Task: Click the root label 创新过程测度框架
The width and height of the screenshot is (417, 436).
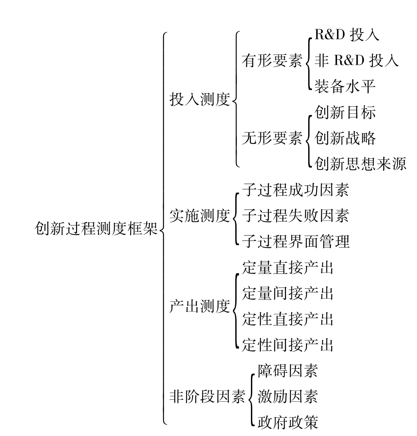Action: [96, 229]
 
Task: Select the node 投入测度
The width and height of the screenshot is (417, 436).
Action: [200, 99]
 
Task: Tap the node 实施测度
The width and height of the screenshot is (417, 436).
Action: [200, 215]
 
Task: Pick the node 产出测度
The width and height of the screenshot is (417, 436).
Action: [200, 306]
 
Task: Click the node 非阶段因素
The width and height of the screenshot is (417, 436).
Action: [208, 396]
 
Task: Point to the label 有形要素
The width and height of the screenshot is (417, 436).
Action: [272, 60]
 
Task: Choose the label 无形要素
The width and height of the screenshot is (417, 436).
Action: [272, 138]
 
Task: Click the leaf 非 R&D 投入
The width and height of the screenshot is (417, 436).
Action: [357, 60]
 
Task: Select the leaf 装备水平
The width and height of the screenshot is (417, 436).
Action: [345, 86]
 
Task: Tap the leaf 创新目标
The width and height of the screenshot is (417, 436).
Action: [345, 112]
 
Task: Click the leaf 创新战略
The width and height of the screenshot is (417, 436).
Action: [345, 138]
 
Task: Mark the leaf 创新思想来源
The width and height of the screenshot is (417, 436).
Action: [361, 163]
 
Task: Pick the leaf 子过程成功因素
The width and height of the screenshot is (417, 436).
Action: [295, 190]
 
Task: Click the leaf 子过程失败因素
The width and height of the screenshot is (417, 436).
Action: [295, 215]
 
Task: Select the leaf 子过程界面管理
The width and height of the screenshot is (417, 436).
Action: [295, 241]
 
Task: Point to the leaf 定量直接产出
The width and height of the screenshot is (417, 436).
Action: [288, 267]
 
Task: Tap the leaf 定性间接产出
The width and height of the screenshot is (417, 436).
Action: [288, 345]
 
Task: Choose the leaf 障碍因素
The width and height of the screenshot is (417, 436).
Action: [288, 371]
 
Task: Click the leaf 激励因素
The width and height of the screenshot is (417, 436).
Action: [288, 396]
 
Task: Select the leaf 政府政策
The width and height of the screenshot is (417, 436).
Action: [288, 422]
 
